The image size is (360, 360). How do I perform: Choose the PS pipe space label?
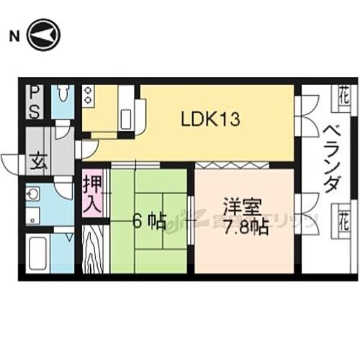(34, 102)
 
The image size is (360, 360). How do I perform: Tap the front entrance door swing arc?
(10, 162)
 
